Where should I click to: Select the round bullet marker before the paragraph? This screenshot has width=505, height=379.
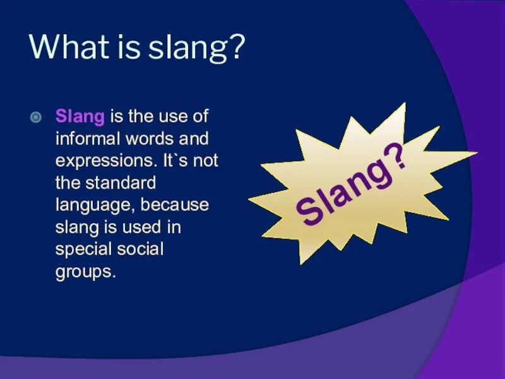tap(37, 117)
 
